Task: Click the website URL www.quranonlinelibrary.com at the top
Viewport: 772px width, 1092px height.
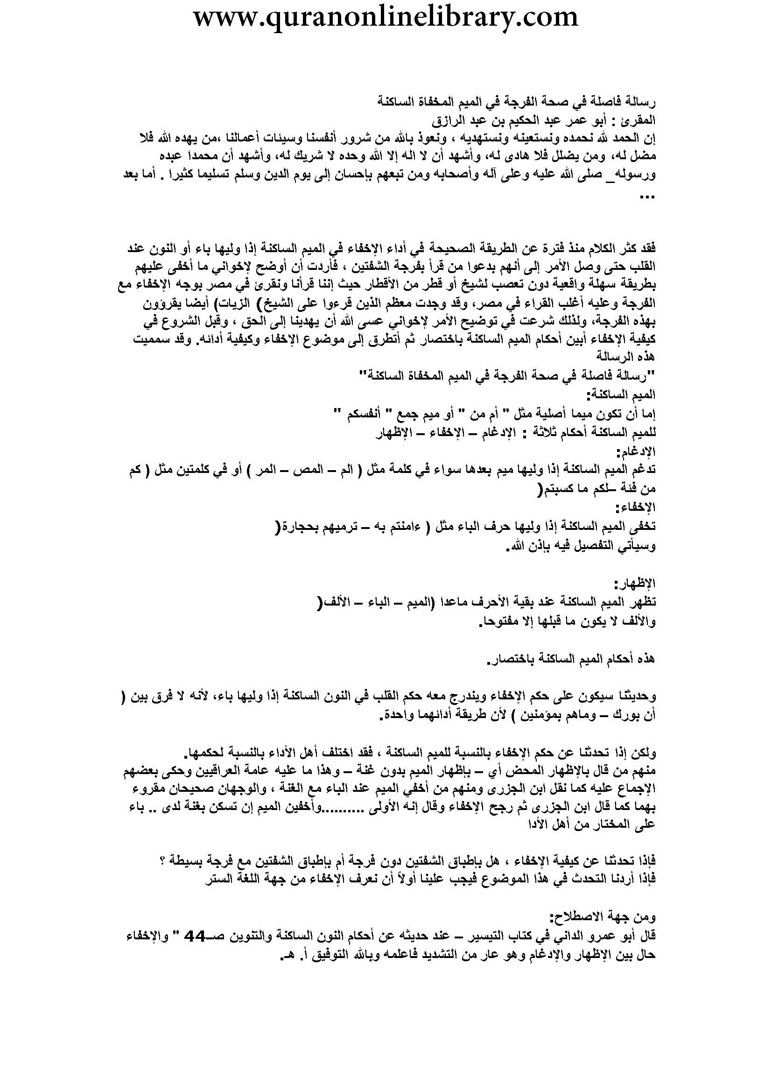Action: tap(386, 18)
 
